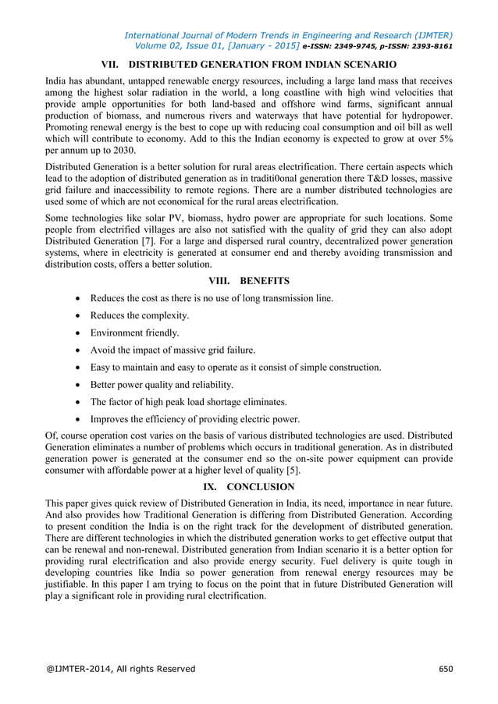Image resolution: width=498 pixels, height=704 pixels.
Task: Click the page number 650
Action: pos(445,669)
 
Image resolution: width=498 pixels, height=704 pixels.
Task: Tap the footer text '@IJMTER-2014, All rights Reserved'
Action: pos(121,669)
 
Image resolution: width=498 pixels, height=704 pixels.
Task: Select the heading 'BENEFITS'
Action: pos(265,280)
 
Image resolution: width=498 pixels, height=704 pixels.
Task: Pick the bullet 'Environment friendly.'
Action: pos(134,332)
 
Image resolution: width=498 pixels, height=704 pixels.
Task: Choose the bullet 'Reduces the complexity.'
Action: pos(140,315)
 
